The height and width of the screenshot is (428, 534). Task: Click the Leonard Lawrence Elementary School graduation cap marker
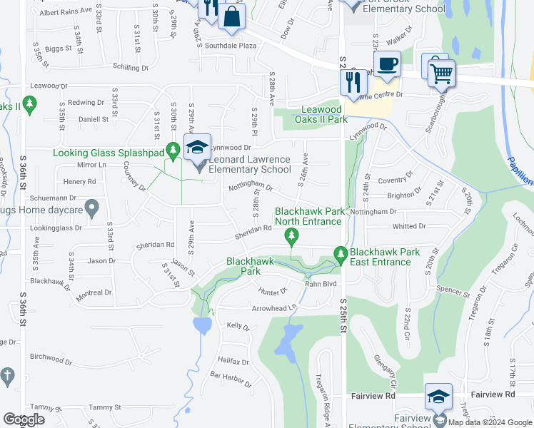coord(198,148)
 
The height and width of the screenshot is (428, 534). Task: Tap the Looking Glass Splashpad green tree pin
coord(172,151)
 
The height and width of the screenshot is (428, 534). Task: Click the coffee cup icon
coord(387,64)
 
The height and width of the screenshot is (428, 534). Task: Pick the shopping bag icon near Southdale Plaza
coord(231,17)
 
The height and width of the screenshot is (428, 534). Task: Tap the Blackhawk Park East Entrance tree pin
coord(341,254)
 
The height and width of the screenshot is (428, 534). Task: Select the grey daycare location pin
coord(91,208)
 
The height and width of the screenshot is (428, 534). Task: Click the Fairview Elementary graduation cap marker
coord(438,397)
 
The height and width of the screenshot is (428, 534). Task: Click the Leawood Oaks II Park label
coord(324,114)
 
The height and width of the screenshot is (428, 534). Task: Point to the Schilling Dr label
coord(130,68)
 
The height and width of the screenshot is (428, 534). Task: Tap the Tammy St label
coord(106,407)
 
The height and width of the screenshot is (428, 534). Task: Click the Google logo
coord(24,419)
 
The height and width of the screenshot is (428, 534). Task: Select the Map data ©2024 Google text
coord(490,422)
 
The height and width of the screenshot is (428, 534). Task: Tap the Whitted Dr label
coord(409,226)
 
